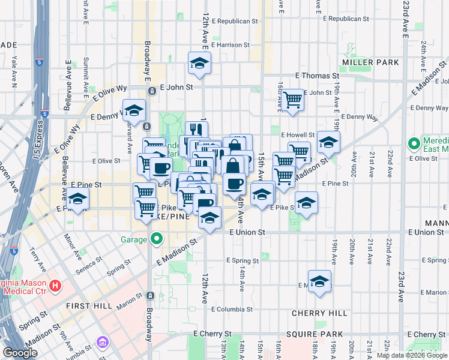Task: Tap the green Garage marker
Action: click(x=157, y=239)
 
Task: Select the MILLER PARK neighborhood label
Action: click(x=371, y=62)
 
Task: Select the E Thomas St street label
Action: click(x=318, y=76)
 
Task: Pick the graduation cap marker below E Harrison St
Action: click(x=199, y=63)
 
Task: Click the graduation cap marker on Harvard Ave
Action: click(x=134, y=110)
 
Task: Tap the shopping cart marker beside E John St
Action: click(x=292, y=99)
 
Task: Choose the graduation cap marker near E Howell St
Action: click(x=328, y=142)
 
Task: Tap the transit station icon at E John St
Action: click(x=152, y=91)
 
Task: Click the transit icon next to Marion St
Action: click(x=149, y=296)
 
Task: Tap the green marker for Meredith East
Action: click(x=414, y=144)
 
